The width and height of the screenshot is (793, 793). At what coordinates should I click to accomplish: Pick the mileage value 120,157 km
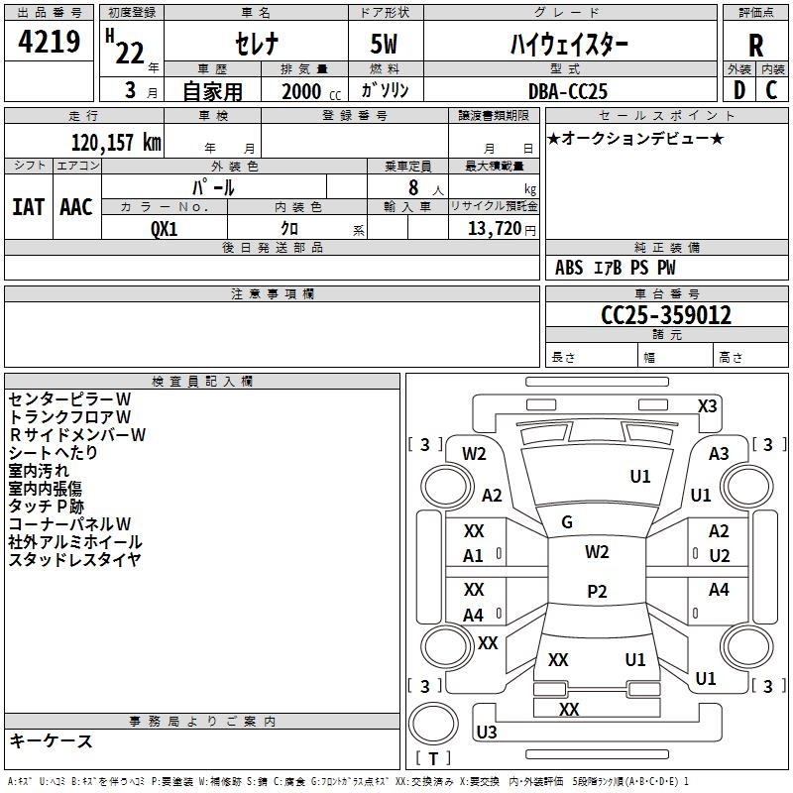[x=116, y=142]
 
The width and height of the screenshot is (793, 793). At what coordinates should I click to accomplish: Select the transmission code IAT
[x=28, y=206]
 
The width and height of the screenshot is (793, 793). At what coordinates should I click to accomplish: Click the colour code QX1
[x=165, y=228]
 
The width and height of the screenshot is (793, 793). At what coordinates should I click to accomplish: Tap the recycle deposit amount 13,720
[x=495, y=229]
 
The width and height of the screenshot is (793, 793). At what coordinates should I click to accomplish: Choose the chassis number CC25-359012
[x=666, y=316]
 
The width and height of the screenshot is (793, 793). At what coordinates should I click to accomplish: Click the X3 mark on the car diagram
[x=707, y=406]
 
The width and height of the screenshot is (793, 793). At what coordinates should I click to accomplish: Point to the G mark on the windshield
[x=567, y=522]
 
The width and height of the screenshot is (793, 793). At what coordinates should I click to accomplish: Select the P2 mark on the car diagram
[x=597, y=592]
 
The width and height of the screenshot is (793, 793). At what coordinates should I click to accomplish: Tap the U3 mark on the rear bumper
[x=487, y=733]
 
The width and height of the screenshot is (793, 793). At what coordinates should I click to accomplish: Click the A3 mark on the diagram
[x=719, y=453]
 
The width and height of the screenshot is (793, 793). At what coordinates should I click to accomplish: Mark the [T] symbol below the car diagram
[x=433, y=758]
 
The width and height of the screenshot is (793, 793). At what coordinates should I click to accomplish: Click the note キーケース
[x=51, y=741]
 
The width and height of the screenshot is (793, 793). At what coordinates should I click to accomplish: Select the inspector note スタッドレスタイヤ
[x=75, y=560]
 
